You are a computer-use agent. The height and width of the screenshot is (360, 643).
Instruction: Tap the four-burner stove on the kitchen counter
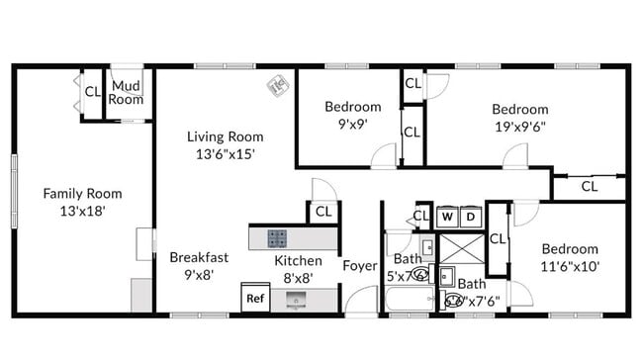click(x=278, y=238)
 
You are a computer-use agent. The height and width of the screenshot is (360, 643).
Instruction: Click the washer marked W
click(x=447, y=216)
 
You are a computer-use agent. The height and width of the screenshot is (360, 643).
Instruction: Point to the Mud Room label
click(x=127, y=93)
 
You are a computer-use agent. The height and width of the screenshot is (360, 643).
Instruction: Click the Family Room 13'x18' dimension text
click(x=81, y=211)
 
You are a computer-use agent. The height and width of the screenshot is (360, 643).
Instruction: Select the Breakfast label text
click(x=199, y=257)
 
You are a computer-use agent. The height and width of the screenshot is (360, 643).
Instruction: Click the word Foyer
click(x=359, y=265)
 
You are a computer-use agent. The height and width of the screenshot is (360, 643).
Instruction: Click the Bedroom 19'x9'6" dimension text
click(x=520, y=126)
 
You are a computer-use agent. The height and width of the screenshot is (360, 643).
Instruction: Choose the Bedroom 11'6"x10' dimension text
click(x=570, y=265)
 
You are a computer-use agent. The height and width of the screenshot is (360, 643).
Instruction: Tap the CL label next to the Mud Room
click(x=92, y=92)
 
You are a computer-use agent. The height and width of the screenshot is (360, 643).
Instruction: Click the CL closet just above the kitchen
click(x=322, y=211)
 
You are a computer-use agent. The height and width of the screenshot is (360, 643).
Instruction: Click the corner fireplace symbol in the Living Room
click(x=277, y=86)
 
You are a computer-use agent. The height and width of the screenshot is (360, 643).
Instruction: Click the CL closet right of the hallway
click(x=589, y=185)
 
